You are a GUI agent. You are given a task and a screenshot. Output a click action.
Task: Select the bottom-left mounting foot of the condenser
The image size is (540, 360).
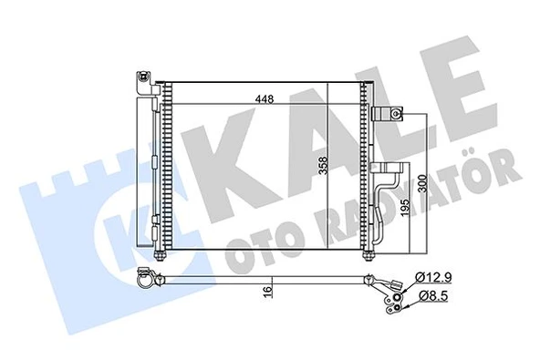pos(163,258)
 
